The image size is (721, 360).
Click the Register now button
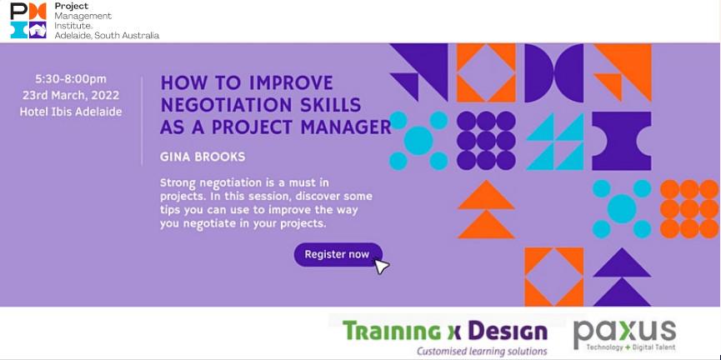(x=338, y=255)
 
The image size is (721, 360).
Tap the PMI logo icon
(x=28, y=20)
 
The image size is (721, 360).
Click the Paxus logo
(x=624, y=335)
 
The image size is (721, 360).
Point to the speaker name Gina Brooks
(x=203, y=157)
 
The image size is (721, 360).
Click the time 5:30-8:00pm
(x=71, y=79)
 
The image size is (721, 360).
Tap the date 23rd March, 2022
(x=71, y=95)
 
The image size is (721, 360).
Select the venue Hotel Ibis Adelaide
(x=71, y=112)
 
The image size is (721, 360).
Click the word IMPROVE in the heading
(x=291, y=83)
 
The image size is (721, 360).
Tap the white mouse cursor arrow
(x=381, y=267)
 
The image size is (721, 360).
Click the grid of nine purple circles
(x=486, y=140)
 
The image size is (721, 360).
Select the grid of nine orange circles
(x=689, y=209)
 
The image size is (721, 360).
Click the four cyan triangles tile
(x=554, y=141)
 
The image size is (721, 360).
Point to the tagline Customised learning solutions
(x=482, y=352)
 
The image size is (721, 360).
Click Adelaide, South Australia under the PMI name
(x=107, y=35)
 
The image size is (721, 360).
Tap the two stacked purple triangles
(x=622, y=277)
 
